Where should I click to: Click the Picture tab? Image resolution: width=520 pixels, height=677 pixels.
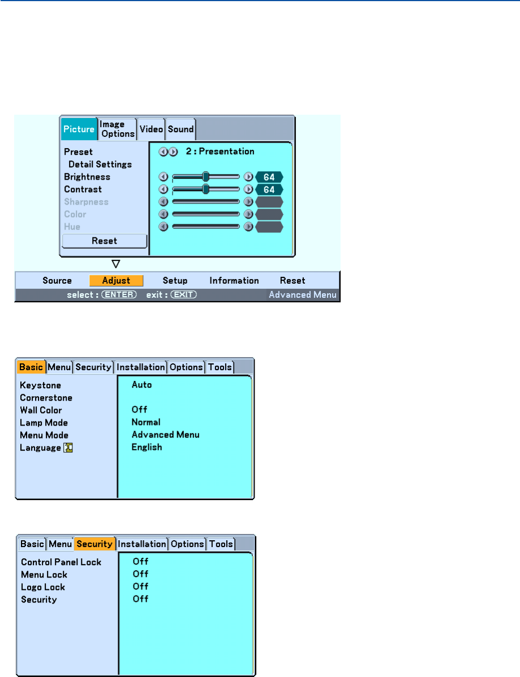(x=79, y=129)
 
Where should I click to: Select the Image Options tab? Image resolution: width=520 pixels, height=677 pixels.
(x=117, y=129)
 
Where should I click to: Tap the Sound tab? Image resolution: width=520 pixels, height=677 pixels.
(x=181, y=129)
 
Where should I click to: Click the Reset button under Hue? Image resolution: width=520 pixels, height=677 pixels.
(x=104, y=241)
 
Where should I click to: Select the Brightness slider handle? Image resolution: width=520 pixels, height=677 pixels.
(x=206, y=177)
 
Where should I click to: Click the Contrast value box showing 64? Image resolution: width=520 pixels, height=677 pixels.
(x=269, y=189)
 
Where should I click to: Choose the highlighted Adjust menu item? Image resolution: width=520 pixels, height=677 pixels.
(x=116, y=280)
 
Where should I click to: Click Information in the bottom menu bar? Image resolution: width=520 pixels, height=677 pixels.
(x=234, y=280)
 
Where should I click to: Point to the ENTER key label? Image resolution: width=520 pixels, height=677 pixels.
(x=119, y=294)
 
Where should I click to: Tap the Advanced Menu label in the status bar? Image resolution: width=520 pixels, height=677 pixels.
(x=302, y=294)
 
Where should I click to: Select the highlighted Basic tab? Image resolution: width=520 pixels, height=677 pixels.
(x=31, y=367)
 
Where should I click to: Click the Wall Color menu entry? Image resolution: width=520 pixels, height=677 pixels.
(x=41, y=410)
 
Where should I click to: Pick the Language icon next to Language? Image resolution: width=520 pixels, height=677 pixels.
(x=69, y=448)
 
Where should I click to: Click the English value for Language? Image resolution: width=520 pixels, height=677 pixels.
(x=147, y=447)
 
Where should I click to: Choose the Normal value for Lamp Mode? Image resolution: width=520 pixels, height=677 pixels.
(x=146, y=422)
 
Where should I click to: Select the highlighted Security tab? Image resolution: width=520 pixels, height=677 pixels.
(x=94, y=544)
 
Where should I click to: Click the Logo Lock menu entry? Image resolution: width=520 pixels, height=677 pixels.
(x=43, y=587)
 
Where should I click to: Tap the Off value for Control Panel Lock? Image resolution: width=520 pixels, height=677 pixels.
(x=140, y=562)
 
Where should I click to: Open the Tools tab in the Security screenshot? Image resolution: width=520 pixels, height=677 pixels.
(x=221, y=544)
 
